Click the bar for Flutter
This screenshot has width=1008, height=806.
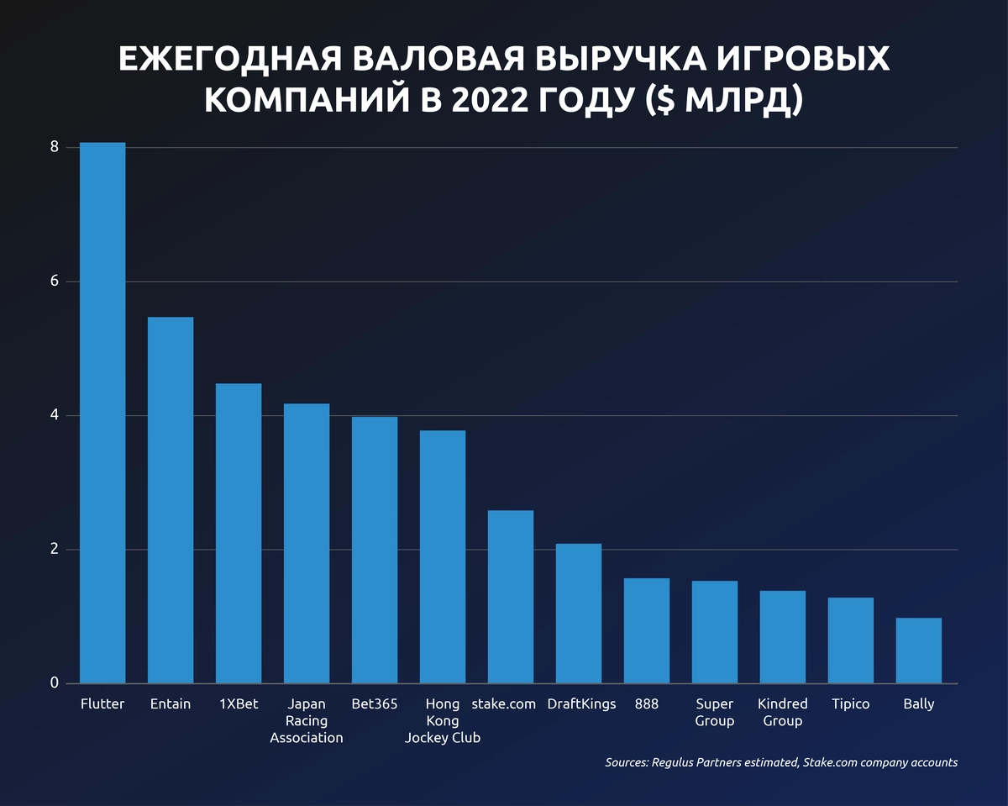click(102, 412)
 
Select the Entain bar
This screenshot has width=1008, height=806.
click(171, 500)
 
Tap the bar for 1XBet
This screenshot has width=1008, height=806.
click(239, 534)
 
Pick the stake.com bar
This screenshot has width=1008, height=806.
click(511, 597)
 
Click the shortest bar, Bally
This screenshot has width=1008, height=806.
click(919, 651)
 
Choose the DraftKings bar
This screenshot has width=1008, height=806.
click(579, 614)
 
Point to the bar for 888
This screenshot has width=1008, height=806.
click(647, 630)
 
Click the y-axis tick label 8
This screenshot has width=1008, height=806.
click(55, 147)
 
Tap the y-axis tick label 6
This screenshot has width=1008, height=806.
click(55, 282)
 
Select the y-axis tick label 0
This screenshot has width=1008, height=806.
click(55, 683)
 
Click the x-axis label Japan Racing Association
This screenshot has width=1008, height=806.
click(307, 721)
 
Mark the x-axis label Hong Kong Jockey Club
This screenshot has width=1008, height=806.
click(443, 721)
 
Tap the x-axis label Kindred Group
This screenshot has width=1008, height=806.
click(783, 713)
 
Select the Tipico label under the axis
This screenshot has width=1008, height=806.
click(851, 704)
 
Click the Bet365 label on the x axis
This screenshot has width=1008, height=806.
click(375, 704)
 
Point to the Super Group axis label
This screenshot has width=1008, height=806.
click(715, 713)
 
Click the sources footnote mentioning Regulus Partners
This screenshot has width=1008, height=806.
click(781, 763)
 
